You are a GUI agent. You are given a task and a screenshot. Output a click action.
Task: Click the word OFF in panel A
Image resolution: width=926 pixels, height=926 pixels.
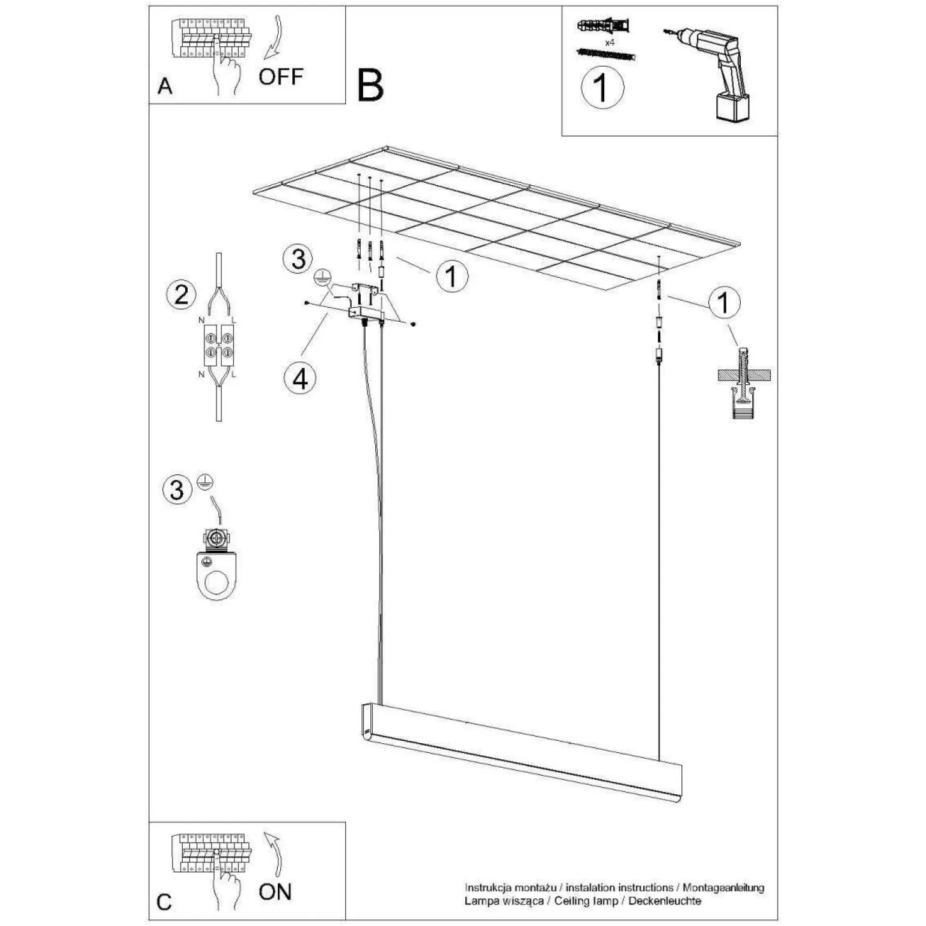(x=281, y=77)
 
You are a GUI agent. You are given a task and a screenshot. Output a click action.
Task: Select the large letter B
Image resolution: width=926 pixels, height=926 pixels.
(x=370, y=85)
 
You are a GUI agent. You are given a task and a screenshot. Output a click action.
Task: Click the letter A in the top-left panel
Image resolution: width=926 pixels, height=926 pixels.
(x=165, y=86)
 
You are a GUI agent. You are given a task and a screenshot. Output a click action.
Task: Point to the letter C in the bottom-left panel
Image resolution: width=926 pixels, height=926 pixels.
(x=164, y=902)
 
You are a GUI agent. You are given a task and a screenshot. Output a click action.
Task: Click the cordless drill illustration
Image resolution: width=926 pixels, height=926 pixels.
(x=710, y=75)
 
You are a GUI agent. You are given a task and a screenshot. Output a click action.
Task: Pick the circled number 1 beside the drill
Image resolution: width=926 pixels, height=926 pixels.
(x=602, y=88)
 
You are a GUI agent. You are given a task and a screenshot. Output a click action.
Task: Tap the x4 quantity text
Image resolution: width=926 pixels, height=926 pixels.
(x=609, y=43)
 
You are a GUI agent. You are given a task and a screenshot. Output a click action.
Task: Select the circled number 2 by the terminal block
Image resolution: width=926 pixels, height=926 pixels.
(x=181, y=295)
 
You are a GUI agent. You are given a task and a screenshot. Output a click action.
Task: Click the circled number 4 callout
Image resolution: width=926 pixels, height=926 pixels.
(x=300, y=379)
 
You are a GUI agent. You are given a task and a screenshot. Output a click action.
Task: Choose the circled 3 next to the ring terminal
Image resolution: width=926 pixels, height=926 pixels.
(x=177, y=489)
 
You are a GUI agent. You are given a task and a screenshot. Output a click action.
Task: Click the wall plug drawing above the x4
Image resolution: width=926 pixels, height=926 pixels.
(x=603, y=26)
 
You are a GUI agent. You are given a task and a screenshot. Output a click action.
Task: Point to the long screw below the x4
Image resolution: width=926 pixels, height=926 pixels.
(x=606, y=54)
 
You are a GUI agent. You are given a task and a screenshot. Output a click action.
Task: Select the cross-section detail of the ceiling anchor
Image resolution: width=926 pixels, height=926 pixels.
(x=744, y=382)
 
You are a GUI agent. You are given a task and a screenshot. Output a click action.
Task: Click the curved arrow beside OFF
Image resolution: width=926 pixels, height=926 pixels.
(x=275, y=36)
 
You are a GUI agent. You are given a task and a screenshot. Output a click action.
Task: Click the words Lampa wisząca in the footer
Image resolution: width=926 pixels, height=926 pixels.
(x=503, y=901)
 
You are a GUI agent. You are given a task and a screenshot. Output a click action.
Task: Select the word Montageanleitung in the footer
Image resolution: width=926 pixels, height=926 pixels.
(x=723, y=888)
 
